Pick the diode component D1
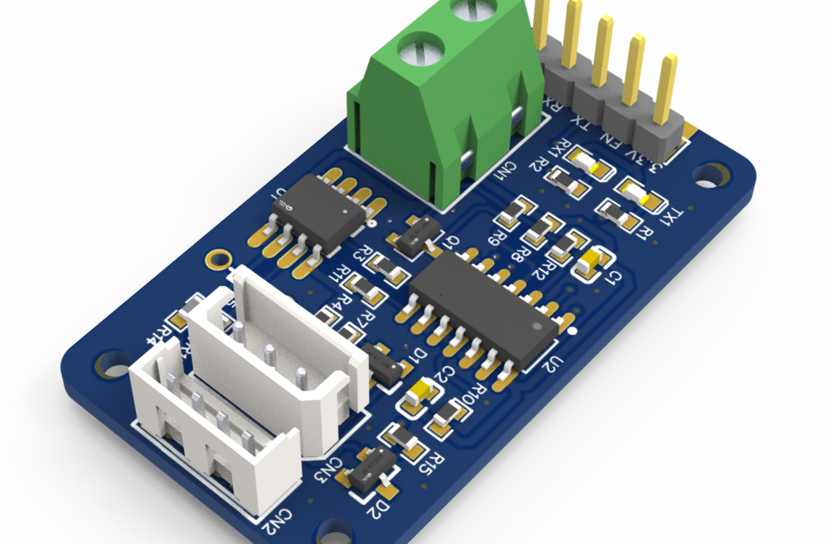(384, 363)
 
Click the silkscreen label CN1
(507, 172)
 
